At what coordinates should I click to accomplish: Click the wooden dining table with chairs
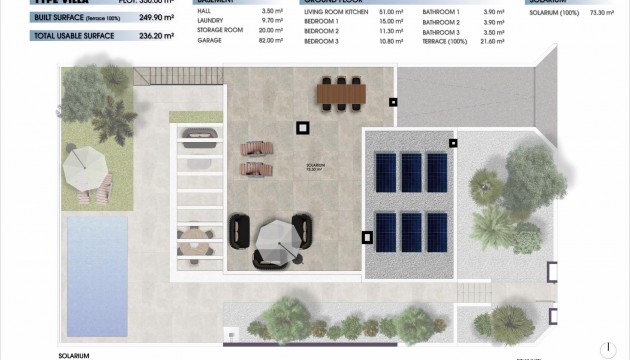pos(341,92)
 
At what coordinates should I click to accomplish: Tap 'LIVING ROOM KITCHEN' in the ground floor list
pos(329,12)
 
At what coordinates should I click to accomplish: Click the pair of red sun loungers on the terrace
pos(256,157)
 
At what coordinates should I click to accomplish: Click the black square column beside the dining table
pos(394,102)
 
